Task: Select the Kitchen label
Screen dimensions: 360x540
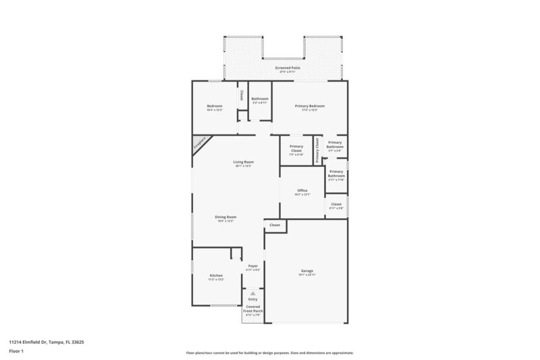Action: [216, 276]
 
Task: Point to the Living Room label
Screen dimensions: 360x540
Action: [243, 162]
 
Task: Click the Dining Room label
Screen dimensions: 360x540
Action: [225, 217]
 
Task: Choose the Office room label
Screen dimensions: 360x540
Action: [302, 191]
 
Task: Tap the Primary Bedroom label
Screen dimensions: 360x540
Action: [310, 106]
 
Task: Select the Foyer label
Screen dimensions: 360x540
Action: [252, 266]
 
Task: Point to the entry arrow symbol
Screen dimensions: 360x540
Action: [252, 294]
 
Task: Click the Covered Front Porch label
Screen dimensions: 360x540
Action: [252, 309]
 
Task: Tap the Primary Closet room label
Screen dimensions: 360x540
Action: [296, 149]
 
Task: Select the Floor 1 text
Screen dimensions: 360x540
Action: [17, 352]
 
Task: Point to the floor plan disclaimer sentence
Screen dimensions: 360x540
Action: [269, 353]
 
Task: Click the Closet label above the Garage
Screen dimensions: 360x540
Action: [275, 225]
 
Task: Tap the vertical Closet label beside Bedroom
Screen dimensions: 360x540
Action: [242, 97]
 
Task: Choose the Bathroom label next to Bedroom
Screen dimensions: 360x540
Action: [260, 99]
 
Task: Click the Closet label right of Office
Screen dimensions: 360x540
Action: [336, 205]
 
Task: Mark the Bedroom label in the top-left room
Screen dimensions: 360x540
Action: [215, 106]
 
